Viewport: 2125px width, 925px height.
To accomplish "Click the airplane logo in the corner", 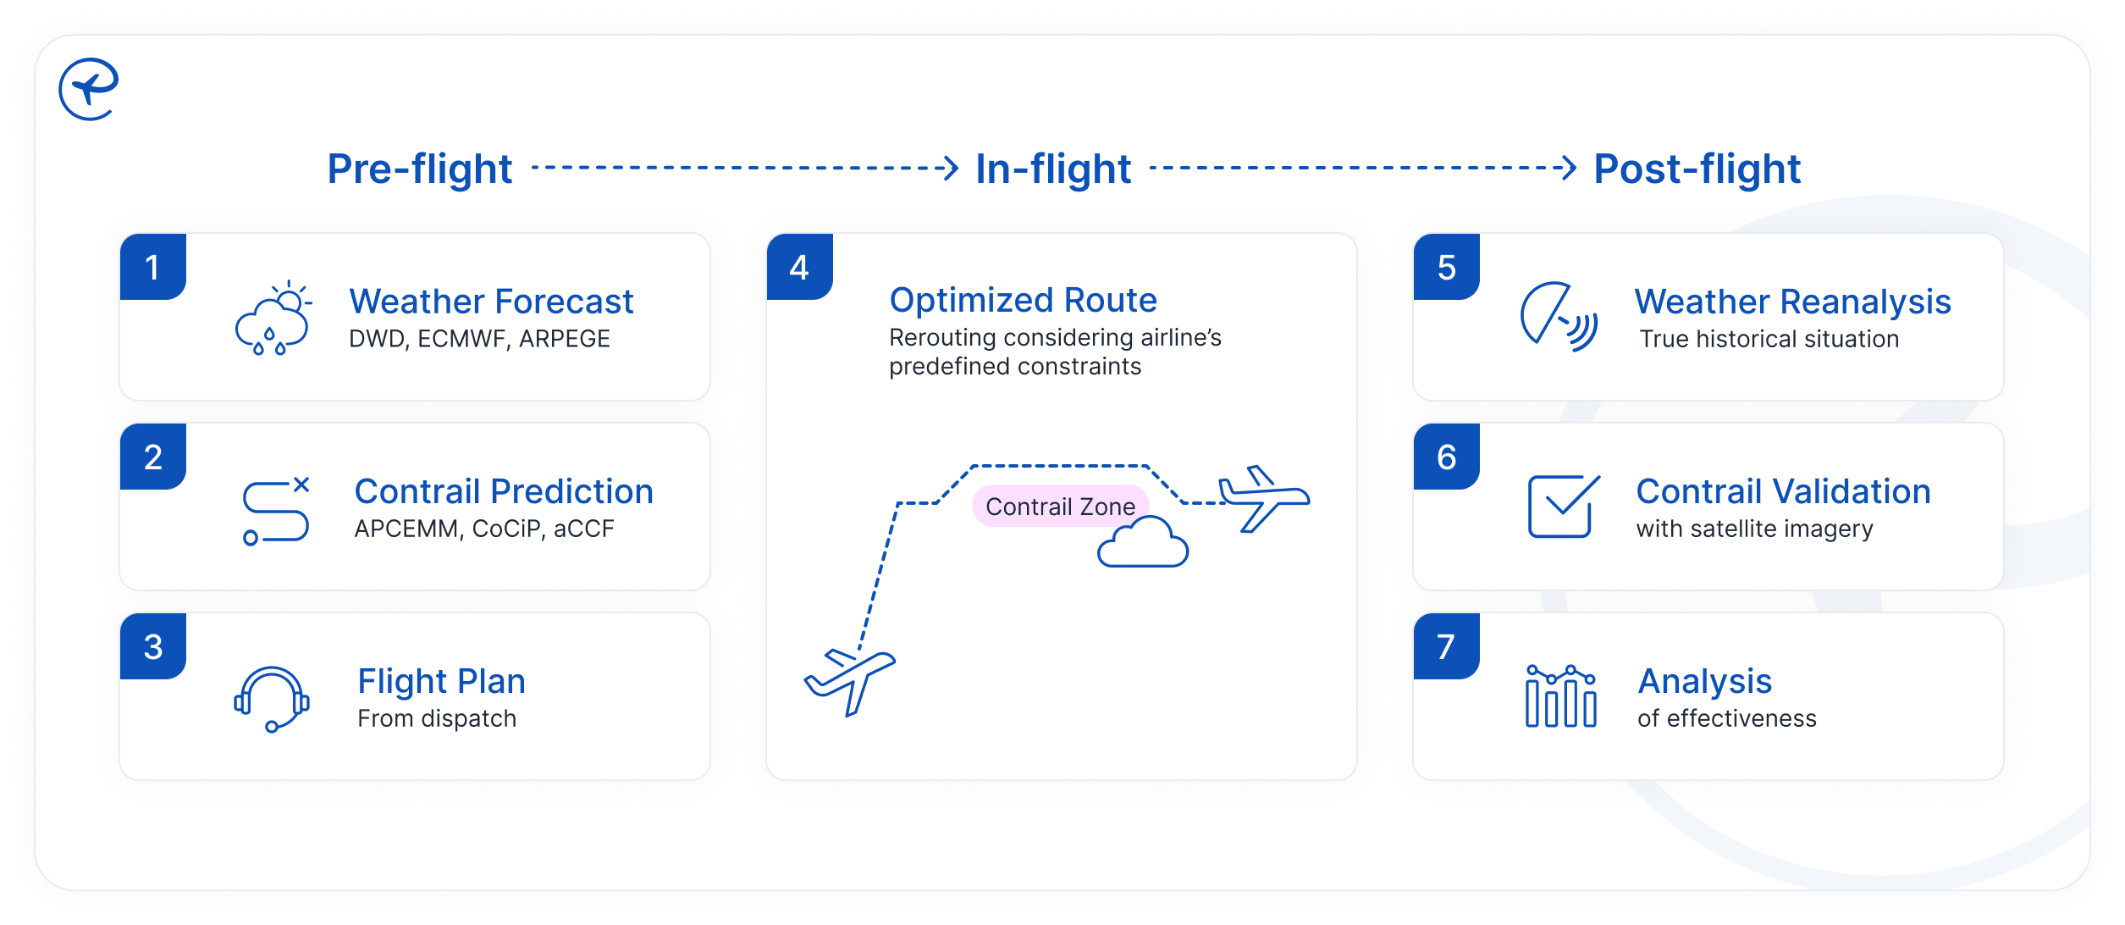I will point(88,89).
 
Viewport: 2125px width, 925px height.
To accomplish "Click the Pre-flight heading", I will point(420,169).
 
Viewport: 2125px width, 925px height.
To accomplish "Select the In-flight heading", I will point(1052,169).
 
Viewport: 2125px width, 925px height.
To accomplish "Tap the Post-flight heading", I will point(1697,169).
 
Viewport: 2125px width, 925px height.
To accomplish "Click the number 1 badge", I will point(152,268).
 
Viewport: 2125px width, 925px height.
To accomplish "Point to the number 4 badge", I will point(799,268).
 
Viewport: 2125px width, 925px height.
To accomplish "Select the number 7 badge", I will point(1446,647).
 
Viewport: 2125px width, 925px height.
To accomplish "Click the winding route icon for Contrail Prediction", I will point(276,511).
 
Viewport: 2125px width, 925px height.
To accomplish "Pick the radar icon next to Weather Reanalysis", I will point(1559,317).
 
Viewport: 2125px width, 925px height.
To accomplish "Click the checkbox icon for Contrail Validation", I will point(1563,506).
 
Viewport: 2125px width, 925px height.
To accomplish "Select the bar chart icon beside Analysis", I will point(1560,696).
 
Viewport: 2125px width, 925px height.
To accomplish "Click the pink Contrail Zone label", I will point(1060,506).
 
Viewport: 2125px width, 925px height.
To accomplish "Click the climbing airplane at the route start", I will point(849,680).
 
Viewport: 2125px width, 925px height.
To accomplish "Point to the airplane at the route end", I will point(1262,497).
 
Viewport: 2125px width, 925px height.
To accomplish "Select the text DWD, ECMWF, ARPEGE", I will point(479,339).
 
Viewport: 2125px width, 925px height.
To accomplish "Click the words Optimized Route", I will point(1023,300).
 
